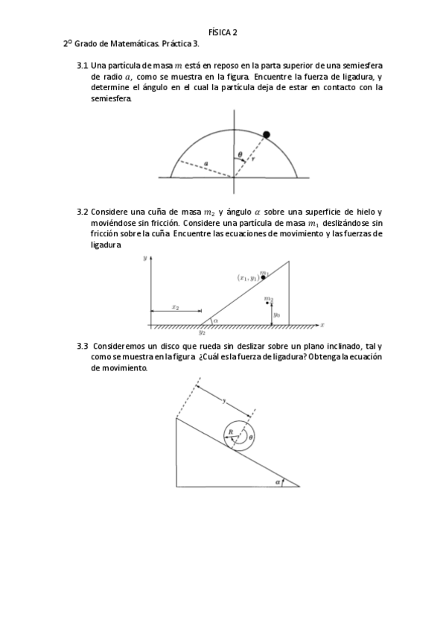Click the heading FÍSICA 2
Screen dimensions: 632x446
223,32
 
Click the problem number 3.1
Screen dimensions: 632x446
83,66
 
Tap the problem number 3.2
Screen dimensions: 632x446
83,212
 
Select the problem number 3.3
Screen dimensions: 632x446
83,347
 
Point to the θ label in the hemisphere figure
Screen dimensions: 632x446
239,156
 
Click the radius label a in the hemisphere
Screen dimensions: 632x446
206,162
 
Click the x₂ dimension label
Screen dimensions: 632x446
176,306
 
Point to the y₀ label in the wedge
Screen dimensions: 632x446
276,315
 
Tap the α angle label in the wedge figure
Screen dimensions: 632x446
215,321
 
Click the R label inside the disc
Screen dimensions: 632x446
231,432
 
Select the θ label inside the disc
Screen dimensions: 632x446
251,437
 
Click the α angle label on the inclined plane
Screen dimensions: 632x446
276,481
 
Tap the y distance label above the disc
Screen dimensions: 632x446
225,400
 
